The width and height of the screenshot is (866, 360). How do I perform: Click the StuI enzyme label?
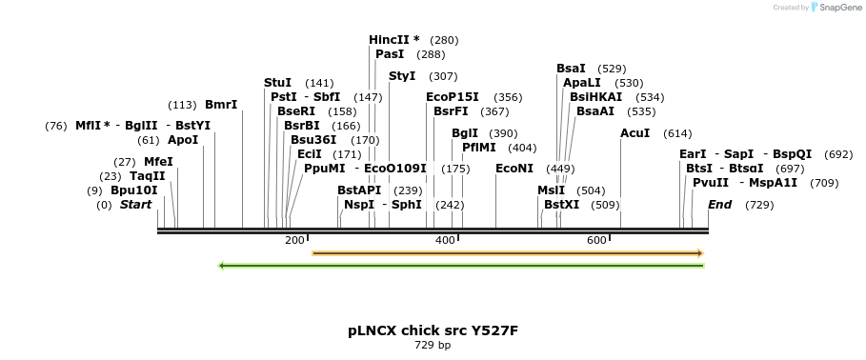[x=277, y=83]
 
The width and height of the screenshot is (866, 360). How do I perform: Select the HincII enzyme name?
[x=389, y=40]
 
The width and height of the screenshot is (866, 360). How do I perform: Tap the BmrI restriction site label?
[x=221, y=105]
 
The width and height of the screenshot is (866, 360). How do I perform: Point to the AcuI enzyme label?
[x=634, y=133]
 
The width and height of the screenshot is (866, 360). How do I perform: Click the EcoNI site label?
[x=514, y=169]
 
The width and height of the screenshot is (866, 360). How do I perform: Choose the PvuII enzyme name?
[x=711, y=183]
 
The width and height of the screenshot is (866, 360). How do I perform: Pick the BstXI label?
[x=561, y=204]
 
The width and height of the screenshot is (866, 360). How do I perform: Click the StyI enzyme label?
[x=402, y=76]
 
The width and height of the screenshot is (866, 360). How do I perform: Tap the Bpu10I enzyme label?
[x=134, y=190]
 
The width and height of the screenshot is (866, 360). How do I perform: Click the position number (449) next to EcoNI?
[x=560, y=170]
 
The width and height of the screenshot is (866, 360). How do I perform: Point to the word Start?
[x=135, y=205]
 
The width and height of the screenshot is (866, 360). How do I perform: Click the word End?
[x=720, y=205]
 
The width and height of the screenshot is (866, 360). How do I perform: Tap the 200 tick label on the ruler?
[x=294, y=240]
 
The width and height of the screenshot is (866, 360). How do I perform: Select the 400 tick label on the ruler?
[x=445, y=240]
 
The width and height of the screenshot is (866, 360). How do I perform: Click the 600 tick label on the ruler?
[x=596, y=240]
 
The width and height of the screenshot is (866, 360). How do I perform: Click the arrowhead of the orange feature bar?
[x=700, y=253]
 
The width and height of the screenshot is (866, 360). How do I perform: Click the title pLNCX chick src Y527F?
[x=433, y=330]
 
